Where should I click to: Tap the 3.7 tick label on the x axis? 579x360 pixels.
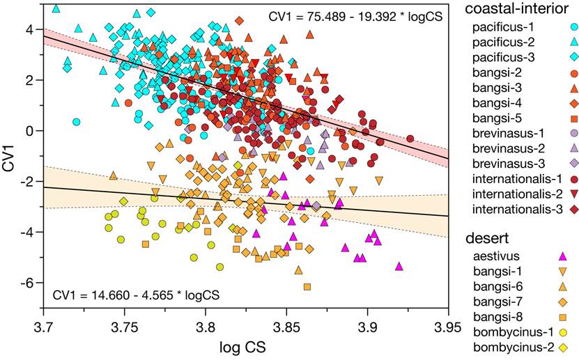[43, 325]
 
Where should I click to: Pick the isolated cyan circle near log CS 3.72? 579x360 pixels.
[77, 122]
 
